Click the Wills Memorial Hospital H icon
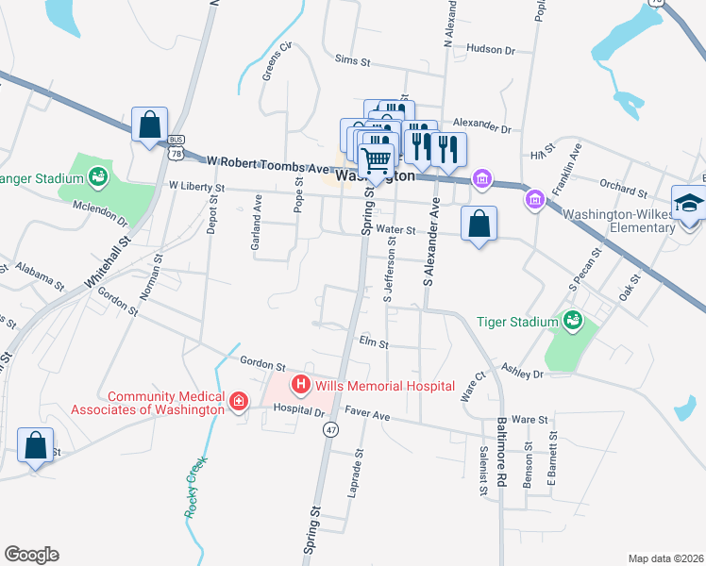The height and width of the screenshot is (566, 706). tap(301, 384)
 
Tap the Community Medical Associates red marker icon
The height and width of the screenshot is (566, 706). tap(239, 403)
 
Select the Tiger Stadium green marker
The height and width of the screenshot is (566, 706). tap(571, 322)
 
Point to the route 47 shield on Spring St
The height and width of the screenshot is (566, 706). tap(330, 429)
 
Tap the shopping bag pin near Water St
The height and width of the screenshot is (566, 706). tap(479, 225)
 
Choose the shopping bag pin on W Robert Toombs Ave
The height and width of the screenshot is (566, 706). tap(149, 124)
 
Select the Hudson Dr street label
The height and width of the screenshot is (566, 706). tap(491, 49)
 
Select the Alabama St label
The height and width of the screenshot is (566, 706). tap(39, 276)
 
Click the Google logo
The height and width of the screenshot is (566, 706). tap(31, 555)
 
